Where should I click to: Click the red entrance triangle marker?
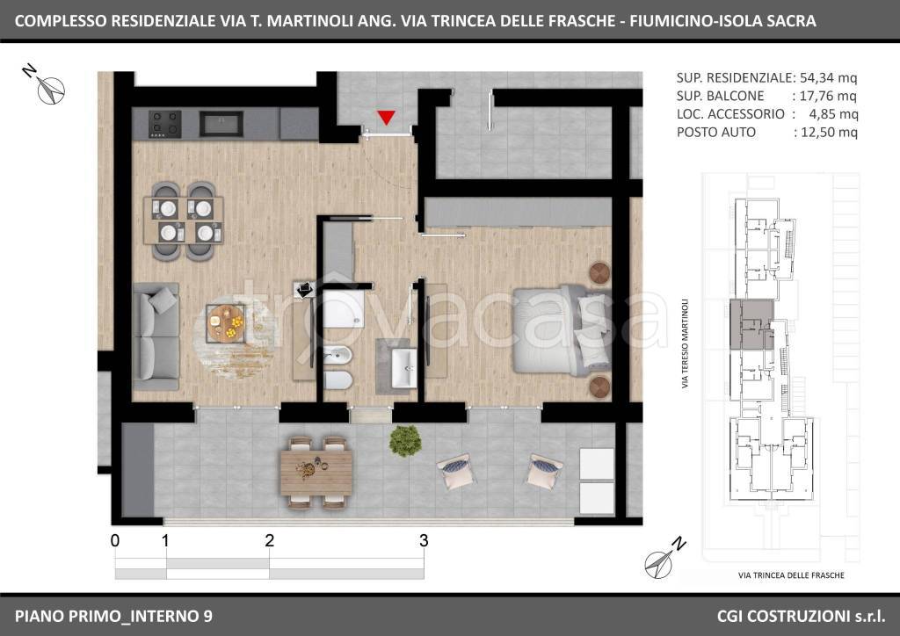coord(387,118)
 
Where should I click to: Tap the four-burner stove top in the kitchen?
coord(165,124)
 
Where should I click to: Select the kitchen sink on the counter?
coord(221,124)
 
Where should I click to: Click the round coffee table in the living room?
coord(226,324)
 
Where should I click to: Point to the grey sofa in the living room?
coord(156,336)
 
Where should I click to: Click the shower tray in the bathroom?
coord(343,308)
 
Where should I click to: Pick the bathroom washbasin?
coord(404,368)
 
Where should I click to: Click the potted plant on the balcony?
coord(405,440)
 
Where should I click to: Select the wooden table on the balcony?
coord(316,472)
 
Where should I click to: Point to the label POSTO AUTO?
coord(715,133)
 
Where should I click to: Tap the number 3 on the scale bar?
coord(424,540)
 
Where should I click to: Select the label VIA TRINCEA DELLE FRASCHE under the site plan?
coord(791,575)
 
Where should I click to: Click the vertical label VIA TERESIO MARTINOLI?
coord(685,343)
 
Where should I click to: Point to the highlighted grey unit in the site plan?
coord(751,324)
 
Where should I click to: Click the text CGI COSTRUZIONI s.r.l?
coord(802,616)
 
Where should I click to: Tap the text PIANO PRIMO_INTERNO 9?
coord(113,616)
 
